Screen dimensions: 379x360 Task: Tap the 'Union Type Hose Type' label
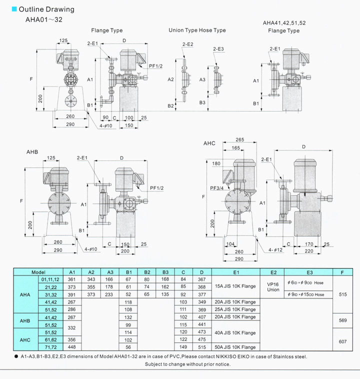(197, 30)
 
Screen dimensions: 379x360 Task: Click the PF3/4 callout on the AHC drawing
(217, 188)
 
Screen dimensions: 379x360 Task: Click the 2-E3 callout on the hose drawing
(218, 49)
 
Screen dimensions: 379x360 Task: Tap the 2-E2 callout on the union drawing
(188, 44)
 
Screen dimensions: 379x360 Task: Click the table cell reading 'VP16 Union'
(273, 286)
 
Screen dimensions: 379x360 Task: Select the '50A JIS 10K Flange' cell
(235, 347)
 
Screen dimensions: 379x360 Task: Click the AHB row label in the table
(25, 320)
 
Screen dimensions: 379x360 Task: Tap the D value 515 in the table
(201, 347)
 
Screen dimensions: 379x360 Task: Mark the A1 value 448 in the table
(71, 347)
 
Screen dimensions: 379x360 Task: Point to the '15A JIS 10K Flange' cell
(235, 286)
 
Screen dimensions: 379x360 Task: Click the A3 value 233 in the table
(109, 294)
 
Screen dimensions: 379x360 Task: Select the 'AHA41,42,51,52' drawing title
(284, 23)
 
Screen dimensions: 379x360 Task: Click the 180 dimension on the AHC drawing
(216, 163)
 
